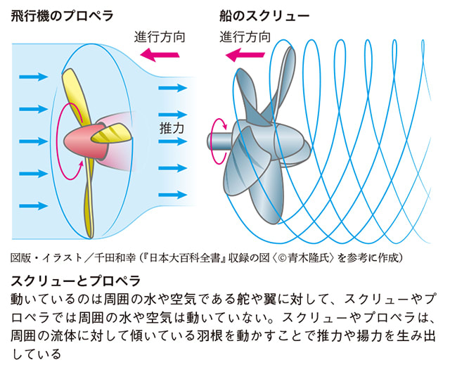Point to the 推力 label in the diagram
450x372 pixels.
click(x=172, y=129)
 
